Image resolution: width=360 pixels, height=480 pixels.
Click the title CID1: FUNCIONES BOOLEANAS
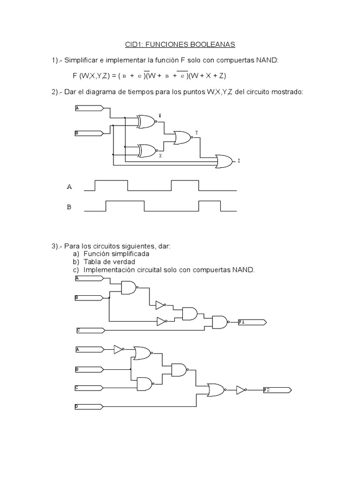[180, 45]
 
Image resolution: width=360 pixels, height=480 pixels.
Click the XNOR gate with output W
[147, 122]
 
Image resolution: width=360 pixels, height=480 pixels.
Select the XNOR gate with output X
[147, 150]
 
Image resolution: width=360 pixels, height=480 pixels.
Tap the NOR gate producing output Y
[182, 137]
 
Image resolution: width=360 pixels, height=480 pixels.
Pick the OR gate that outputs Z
[225, 161]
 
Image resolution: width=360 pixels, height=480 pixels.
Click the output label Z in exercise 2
[239, 161]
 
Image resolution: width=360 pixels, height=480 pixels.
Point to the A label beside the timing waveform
[69, 187]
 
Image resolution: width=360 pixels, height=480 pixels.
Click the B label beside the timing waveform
[69, 207]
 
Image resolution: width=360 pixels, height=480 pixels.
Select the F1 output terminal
[252, 322]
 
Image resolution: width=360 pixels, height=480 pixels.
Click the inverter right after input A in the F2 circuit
[119, 349]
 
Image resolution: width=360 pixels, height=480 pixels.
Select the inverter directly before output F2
[241, 390]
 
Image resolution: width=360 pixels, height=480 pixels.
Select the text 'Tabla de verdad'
[109, 262]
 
